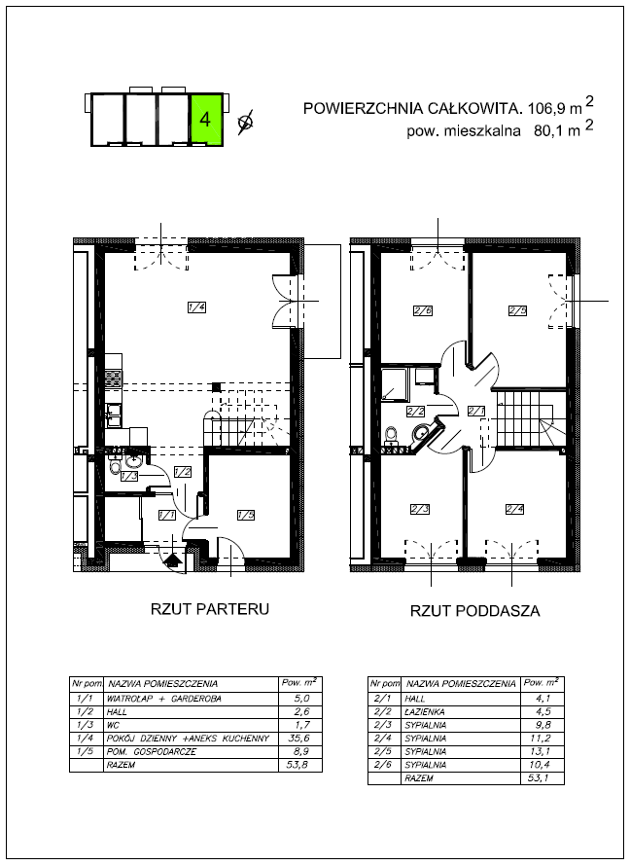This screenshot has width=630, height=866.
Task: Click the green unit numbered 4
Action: (206, 120)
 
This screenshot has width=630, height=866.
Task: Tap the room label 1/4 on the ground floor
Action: (196, 308)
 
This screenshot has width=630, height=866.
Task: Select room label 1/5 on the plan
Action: (246, 516)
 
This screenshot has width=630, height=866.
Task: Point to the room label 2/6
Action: (423, 311)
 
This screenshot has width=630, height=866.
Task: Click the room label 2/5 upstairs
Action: (517, 311)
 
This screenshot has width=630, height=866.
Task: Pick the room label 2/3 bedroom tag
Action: (420, 509)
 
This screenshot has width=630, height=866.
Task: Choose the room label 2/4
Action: (514, 509)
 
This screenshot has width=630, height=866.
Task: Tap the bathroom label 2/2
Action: (415, 411)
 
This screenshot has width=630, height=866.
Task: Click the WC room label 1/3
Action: (129, 476)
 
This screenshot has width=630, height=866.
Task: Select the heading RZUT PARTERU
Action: (210, 609)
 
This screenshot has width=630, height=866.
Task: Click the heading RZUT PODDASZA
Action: (475, 611)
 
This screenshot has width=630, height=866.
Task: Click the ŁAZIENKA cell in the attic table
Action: (425, 712)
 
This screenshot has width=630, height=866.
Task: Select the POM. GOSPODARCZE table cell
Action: (151, 752)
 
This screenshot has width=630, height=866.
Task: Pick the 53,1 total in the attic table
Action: (542, 778)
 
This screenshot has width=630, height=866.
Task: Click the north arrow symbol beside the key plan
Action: (245, 122)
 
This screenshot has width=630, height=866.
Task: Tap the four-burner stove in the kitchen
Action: (114, 379)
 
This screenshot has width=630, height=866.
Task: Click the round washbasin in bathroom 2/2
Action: (421, 431)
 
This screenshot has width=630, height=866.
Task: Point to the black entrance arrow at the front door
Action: (173, 560)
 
